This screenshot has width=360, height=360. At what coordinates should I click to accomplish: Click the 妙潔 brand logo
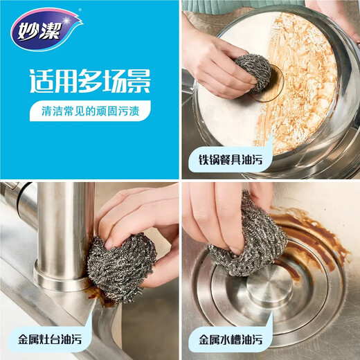44,28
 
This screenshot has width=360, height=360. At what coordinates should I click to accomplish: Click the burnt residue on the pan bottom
305,83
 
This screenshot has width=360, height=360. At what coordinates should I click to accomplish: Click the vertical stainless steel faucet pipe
66,228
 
